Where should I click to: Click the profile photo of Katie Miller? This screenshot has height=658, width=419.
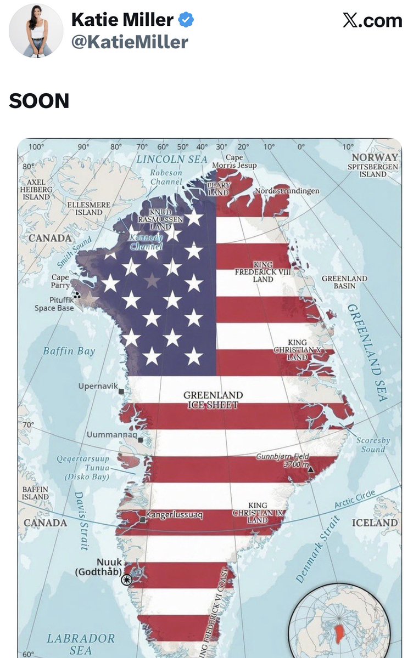pyautogui.click(x=36, y=31)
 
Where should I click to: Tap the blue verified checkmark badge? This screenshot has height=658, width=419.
pyautogui.click(x=187, y=21)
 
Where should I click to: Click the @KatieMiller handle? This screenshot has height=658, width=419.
pyautogui.click(x=130, y=42)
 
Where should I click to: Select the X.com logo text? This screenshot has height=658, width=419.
pyautogui.click(x=372, y=21)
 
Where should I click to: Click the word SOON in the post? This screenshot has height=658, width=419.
pyautogui.click(x=39, y=101)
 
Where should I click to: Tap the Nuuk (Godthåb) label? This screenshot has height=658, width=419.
pyautogui.click(x=98, y=567)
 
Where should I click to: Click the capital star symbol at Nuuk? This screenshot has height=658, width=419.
pyautogui.click(x=127, y=580)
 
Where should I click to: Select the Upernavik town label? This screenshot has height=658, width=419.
pyautogui.click(x=98, y=386)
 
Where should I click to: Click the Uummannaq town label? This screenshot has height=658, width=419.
pyautogui.click(x=111, y=435)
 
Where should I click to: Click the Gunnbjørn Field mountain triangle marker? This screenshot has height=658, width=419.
pyautogui.click(x=311, y=470)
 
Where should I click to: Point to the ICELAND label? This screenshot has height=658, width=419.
pyautogui.click(x=375, y=523)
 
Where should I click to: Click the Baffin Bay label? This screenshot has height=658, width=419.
pyautogui.click(x=69, y=351)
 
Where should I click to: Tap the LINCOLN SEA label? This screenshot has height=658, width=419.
pyautogui.click(x=172, y=160)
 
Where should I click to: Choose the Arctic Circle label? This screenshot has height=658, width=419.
pyautogui.click(x=355, y=500)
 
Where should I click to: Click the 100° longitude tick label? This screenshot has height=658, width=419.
pyautogui.click(x=36, y=146)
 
